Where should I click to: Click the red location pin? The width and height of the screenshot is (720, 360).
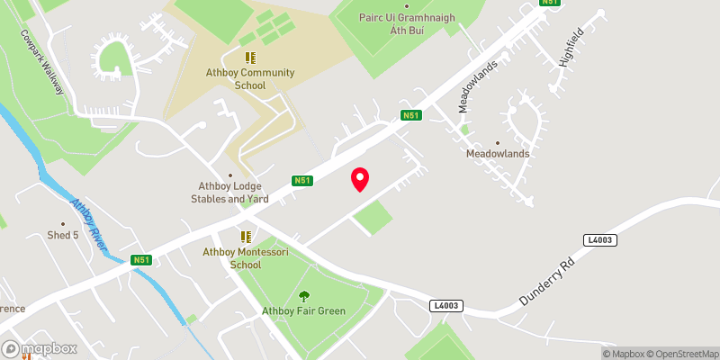pyautogui.click(x=360, y=178)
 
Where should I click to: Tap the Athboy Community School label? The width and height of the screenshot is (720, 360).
pyautogui.click(x=250, y=79)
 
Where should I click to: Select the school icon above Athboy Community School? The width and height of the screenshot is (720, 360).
pyautogui.click(x=250, y=58)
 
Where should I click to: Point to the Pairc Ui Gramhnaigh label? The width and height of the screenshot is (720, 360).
pyautogui.click(x=407, y=23)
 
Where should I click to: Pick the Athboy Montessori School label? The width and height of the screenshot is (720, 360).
pyautogui.click(x=245, y=259)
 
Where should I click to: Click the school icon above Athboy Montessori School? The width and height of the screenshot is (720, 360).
pyautogui.click(x=245, y=237)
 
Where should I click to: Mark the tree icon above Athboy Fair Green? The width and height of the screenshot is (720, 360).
pyautogui.click(x=303, y=295)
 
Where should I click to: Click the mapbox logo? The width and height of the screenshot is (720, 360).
pyautogui.click(x=39, y=348)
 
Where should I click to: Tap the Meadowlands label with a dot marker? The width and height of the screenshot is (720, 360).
pyautogui.click(x=498, y=153)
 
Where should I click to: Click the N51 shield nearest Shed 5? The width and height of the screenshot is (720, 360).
pyautogui.click(x=139, y=260)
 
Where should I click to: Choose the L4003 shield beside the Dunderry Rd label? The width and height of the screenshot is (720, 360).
pyautogui.click(x=598, y=239)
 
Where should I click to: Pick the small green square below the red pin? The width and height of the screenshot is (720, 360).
pyautogui.click(x=373, y=218)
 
